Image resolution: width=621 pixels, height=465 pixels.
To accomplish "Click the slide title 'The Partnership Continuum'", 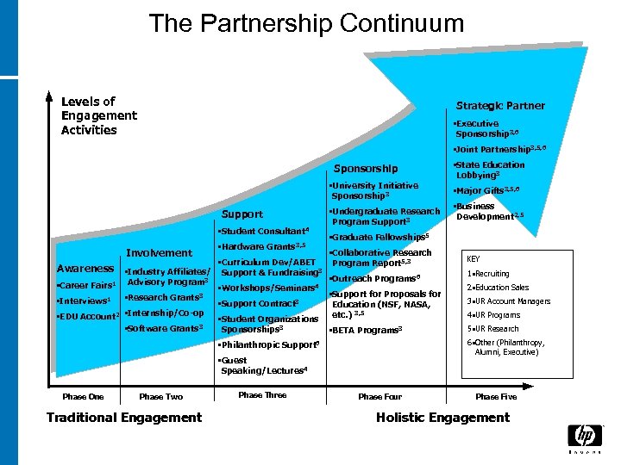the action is [x=306, y=23].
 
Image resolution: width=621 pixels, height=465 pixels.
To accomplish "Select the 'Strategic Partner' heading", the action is [x=500, y=106].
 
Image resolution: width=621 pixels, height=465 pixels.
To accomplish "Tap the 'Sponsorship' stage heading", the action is [x=366, y=169].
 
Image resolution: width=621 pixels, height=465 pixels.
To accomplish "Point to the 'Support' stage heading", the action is [x=242, y=214].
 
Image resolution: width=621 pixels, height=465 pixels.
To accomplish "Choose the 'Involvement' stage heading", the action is [x=160, y=252].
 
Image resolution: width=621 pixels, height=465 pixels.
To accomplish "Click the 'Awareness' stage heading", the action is [x=85, y=269].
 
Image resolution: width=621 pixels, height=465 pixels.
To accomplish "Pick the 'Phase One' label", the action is [x=83, y=397].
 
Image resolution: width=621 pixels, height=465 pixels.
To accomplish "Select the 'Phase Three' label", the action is [x=262, y=395].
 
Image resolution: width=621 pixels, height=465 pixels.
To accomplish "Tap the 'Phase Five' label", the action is [x=496, y=397].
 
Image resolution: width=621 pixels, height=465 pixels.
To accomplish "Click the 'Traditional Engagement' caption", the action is [x=124, y=418].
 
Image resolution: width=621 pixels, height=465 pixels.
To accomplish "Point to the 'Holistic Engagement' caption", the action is [x=442, y=418].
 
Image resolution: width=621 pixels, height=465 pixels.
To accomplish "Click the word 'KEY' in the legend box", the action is [x=474, y=258].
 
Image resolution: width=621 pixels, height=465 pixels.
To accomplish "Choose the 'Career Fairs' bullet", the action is [x=85, y=285].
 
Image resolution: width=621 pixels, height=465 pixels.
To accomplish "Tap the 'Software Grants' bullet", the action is [x=165, y=328].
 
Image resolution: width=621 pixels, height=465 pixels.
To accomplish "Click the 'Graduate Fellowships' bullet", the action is [x=379, y=237].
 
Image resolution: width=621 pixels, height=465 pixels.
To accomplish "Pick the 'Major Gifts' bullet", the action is [x=488, y=190].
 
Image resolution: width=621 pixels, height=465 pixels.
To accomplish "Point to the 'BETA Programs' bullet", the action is [x=367, y=330].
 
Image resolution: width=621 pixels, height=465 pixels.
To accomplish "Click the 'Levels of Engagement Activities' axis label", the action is [x=98, y=116].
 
